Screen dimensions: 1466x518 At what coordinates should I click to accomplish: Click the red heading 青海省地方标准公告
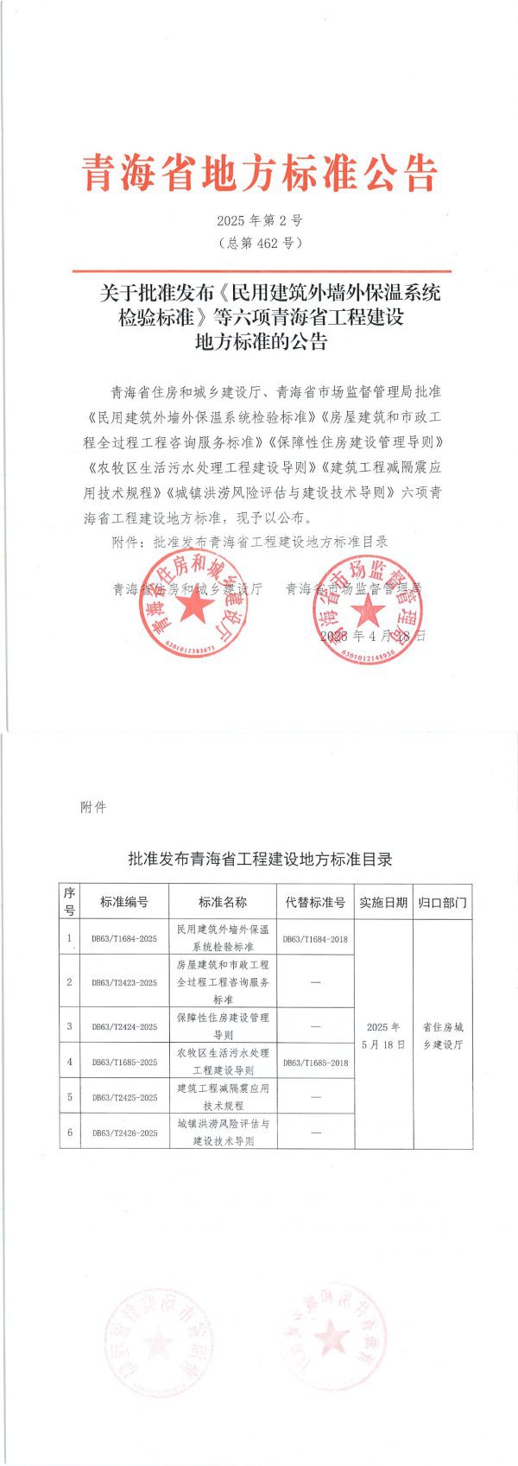[259, 174]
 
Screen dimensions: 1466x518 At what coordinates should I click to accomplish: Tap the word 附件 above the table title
[92, 807]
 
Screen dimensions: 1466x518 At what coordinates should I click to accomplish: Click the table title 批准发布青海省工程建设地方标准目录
[259, 859]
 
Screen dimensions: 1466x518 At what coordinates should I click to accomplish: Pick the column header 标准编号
[124, 902]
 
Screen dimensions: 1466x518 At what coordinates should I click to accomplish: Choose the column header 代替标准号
[315, 902]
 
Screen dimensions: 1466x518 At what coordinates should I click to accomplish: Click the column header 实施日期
[383, 902]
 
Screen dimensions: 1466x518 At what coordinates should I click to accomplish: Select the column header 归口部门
[442, 902]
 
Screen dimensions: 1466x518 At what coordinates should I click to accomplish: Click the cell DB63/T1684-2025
[124, 938]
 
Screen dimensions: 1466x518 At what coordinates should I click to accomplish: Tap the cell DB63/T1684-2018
[315, 938]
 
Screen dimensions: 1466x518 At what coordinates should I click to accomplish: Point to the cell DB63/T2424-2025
[124, 1026]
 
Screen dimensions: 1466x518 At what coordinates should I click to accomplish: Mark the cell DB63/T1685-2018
[315, 1062]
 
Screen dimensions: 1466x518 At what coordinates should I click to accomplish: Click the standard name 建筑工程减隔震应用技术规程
[223, 1096]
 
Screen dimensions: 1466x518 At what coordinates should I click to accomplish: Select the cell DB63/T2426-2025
[124, 1132]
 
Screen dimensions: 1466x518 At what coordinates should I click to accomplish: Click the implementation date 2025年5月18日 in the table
[383, 1035]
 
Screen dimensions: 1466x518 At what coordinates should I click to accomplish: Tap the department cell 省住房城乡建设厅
[442, 1035]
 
